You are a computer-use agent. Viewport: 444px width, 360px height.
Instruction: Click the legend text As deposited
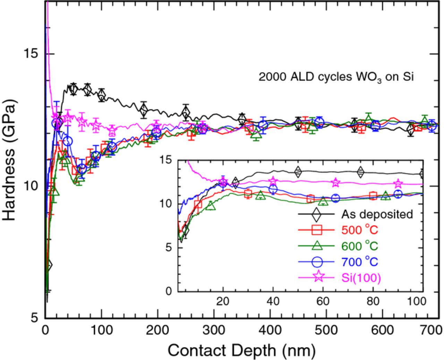(x=377, y=214)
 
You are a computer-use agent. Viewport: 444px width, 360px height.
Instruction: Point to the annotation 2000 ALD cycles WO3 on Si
(x=336, y=77)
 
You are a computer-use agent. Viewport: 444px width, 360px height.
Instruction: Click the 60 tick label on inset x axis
(x=323, y=301)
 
